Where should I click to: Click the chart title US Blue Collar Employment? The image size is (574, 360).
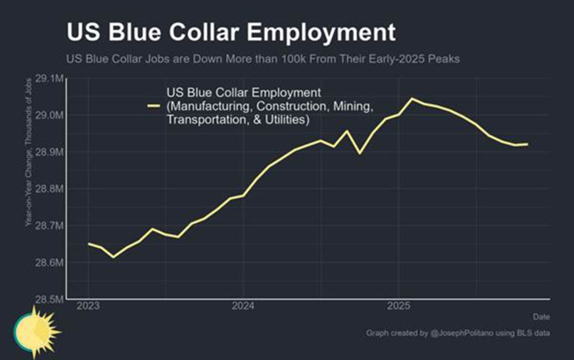pos(230,34)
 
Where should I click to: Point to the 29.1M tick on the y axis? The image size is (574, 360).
pos(49,79)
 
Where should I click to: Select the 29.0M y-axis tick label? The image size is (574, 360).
pos(49,116)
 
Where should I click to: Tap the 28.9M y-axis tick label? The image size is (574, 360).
pos(49,153)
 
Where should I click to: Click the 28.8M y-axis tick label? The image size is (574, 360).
pos(49,189)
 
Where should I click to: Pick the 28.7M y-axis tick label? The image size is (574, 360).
pos(49,226)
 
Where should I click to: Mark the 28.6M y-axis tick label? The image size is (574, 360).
pos(49,263)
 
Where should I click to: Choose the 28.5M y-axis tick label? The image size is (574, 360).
pos(49,300)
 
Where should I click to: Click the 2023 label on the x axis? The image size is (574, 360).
pos(88,307)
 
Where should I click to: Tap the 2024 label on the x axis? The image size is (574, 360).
pos(244,307)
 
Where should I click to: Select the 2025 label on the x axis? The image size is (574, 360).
pos(399,307)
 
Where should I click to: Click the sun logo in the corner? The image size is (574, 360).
pos(34,330)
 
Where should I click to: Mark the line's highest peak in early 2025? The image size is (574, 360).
pos(412,99)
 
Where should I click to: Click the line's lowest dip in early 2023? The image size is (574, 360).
pos(113,257)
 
